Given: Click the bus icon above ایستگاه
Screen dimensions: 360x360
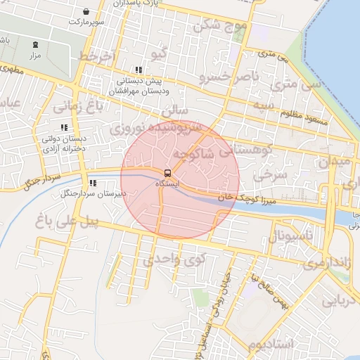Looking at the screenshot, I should point(167,172).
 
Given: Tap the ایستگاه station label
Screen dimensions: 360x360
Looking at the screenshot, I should point(167,183).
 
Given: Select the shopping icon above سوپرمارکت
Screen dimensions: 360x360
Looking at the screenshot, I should point(86,12).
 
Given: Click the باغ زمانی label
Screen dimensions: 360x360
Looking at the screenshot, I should point(79,107).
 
